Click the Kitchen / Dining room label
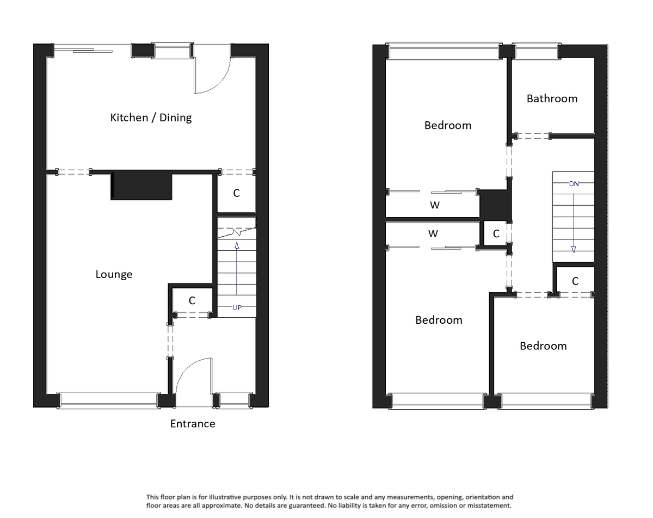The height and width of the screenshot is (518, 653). click(x=151, y=118)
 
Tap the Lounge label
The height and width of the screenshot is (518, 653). click(x=114, y=274)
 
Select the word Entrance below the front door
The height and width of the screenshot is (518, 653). click(x=193, y=423)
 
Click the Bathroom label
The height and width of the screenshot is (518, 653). click(x=552, y=98)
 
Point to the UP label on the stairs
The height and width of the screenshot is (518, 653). click(x=237, y=307)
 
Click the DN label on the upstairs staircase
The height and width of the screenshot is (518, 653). click(x=574, y=184)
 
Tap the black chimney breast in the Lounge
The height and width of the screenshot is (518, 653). click(x=141, y=187)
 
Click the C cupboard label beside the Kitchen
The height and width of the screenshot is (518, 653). click(x=236, y=193)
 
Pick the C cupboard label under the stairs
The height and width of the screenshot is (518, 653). click(x=192, y=300)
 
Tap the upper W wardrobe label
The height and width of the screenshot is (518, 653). click(x=434, y=206)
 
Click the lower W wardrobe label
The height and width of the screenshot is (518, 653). click(x=433, y=234)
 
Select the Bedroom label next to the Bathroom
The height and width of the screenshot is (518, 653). click(x=447, y=125)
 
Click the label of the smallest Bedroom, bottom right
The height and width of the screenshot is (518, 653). click(x=543, y=346)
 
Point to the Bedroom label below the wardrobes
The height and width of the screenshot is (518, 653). click(x=439, y=320)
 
